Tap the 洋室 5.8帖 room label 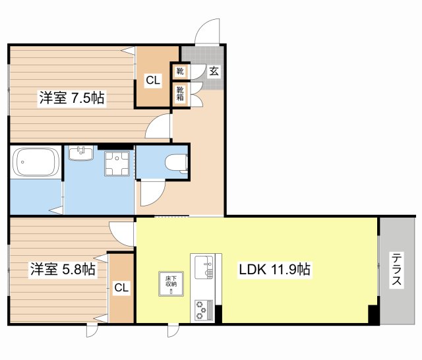tap(62, 269)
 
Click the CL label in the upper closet tap(152, 80)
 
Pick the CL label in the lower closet tap(121, 287)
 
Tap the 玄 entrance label tap(214, 71)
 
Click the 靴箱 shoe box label tap(180, 94)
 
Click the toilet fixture tap(177, 162)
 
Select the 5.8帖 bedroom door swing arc tap(122, 232)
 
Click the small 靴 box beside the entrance tap(180, 71)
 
